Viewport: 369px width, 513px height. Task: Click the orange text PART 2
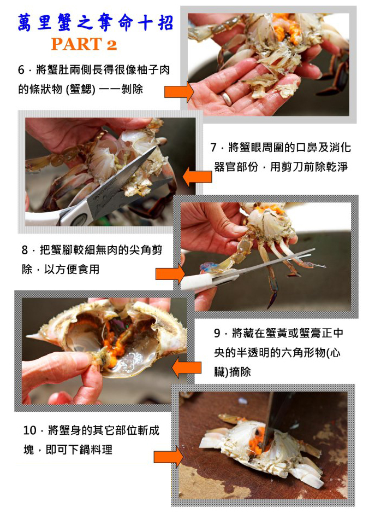pyautogui.click(x=84, y=44)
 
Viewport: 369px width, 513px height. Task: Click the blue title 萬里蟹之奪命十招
pyautogui.click(x=95, y=22)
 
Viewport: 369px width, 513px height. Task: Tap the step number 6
pyautogui.click(x=21, y=69)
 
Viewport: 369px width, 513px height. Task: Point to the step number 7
pyautogui.click(x=213, y=147)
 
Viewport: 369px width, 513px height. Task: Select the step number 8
pyautogui.click(x=25, y=250)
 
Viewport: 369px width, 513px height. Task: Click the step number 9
pyautogui.click(x=217, y=333)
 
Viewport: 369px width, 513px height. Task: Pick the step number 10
pyautogui.click(x=29, y=430)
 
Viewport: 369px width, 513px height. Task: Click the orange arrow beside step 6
pyautogui.click(x=178, y=92)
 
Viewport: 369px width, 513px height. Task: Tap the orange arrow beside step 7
pyautogui.click(x=197, y=177)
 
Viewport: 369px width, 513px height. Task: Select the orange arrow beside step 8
pyautogui.click(x=170, y=274)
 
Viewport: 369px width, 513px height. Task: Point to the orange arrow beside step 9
pyautogui.click(x=187, y=368)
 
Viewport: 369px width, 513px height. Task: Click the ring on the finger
pyautogui.click(x=226, y=98)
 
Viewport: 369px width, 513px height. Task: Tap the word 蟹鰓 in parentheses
pyautogui.click(x=80, y=89)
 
